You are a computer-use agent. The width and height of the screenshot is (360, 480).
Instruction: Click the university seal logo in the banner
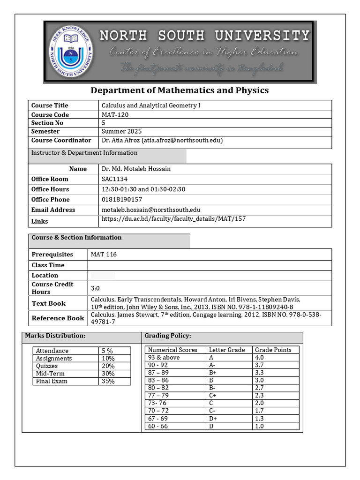click(x=71, y=52)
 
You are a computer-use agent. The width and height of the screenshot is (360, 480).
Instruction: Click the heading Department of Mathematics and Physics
click(x=180, y=90)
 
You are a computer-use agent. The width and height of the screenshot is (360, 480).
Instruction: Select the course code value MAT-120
click(x=115, y=114)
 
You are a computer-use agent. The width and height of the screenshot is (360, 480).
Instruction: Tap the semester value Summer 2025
click(x=121, y=131)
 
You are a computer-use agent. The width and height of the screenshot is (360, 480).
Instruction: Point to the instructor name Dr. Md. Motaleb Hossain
click(x=136, y=169)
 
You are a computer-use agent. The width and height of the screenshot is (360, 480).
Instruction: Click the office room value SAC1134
click(x=114, y=179)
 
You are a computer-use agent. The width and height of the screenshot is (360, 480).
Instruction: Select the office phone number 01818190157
click(x=122, y=200)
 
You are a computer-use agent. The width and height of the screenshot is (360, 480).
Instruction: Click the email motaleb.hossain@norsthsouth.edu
click(x=151, y=210)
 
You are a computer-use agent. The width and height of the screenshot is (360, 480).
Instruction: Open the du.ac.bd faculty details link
click(x=173, y=219)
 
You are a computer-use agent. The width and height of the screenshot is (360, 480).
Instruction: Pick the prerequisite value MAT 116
click(x=104, y=255)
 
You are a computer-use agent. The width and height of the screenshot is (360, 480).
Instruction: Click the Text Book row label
click(x=49, y=303)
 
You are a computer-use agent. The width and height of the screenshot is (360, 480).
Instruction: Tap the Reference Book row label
click(x=58, y=318)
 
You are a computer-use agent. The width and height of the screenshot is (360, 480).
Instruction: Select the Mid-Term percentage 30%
click(x=108, y=374)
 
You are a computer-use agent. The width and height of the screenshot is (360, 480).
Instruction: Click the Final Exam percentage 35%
click(x=108, y=381)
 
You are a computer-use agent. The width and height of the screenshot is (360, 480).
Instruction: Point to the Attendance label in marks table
click(x=52, y=351)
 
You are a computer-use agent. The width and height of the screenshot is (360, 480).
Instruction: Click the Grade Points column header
click(x=273, y=350)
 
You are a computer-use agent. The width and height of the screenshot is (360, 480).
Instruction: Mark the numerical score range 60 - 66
click(x=157, y=426)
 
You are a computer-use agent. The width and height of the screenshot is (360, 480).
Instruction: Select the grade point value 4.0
click(x=259, y=357)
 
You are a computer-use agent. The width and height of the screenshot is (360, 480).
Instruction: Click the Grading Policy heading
click(x=167, y=336)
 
